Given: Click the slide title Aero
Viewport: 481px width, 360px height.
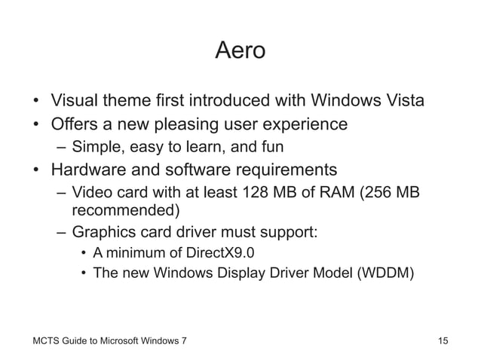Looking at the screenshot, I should click(x=240, y=52).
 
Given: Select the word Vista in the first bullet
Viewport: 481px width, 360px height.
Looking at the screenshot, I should click(x=405, y=100).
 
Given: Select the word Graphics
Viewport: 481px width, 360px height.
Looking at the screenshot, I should click(x=106, y=232).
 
